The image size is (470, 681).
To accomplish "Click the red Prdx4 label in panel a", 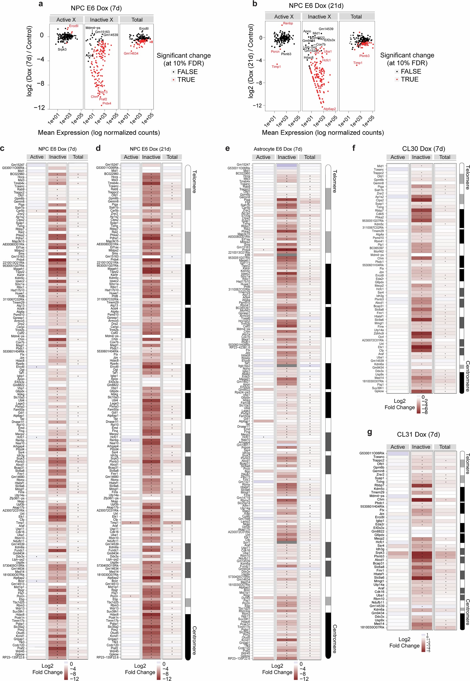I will point(106,103).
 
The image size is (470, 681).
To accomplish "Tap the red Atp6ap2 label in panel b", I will point(329,109).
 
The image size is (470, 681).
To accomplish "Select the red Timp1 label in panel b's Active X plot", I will point(276,67).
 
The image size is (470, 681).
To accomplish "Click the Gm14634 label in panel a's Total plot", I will point(131,54).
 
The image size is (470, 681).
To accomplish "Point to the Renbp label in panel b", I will point(288,23).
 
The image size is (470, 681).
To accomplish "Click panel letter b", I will point(255,4).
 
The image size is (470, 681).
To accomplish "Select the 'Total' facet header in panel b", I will point(356,17).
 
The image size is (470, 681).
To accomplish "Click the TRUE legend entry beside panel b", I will point(409,79).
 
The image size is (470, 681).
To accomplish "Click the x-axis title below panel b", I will point(323,133).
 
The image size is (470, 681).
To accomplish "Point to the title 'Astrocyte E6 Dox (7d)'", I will point(278,149).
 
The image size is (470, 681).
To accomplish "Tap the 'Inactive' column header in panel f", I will point(421,157).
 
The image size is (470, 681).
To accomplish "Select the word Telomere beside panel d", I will point(194,181).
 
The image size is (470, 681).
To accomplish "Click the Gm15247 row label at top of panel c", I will point(18,165).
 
